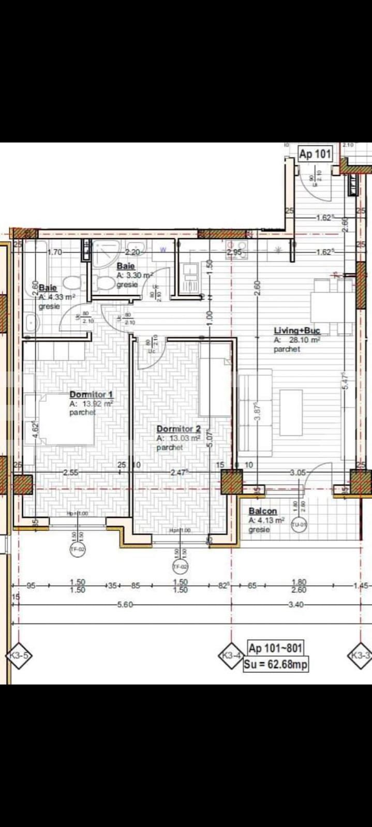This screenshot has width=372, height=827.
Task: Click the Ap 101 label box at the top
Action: [x=315, y=154]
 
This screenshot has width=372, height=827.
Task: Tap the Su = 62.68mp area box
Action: [x=276, y=664]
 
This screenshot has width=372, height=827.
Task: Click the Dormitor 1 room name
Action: [x=91, y=394]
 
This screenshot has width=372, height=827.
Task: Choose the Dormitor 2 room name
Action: [x=178, y=429]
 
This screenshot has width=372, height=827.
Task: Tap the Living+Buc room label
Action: [x=297, y=330]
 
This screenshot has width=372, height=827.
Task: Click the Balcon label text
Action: [x=263, y=511]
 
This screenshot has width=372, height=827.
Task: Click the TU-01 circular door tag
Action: [x=300, y=525]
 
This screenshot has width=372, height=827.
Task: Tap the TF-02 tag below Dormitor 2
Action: [x=180, y=567]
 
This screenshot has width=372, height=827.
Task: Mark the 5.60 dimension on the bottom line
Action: [x=125, y=604]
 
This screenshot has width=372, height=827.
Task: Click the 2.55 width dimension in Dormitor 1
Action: [x=70, y=472]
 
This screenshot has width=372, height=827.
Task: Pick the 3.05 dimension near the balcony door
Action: [x=298, y=472]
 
